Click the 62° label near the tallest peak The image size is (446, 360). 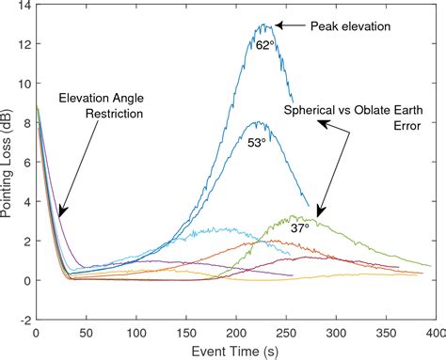[264, 43]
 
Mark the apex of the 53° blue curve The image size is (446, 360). [256, 122]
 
